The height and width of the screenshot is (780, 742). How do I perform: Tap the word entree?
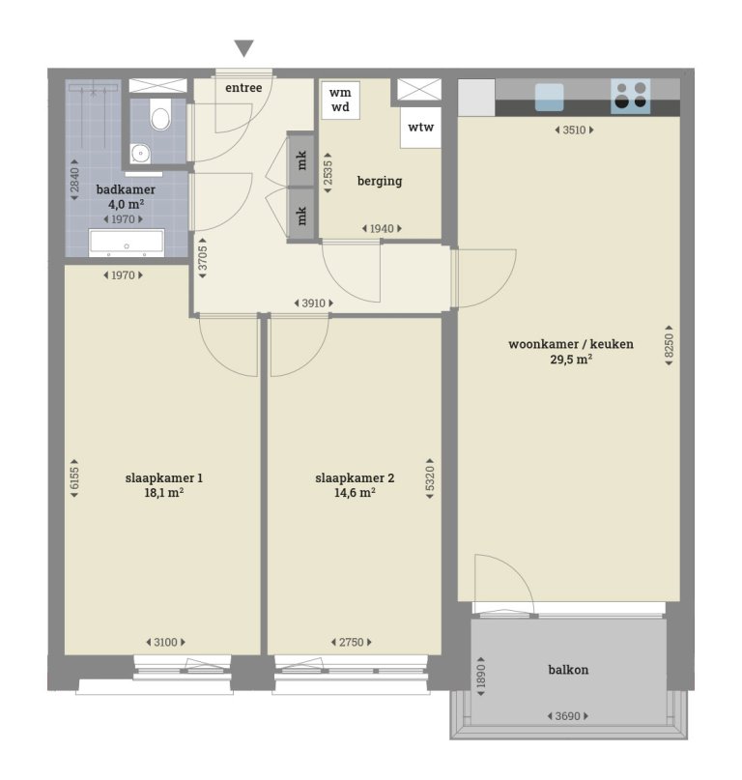click(x=243, y=88)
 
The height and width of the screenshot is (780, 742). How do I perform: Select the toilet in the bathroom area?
click(x=160, y=118)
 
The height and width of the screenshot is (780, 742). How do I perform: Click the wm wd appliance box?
click(x=340, y=100)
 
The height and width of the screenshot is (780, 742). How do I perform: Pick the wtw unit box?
click(x=420, y=128)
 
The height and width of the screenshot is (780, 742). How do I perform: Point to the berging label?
click(x=379, y=181)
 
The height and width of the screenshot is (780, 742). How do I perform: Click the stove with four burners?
click(x=630, y=95)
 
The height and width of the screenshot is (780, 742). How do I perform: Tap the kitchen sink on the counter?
click(x=549, y=97)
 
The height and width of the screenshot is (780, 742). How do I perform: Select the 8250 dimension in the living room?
click(x=669, y=347)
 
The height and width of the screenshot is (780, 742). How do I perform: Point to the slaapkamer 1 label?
click(x=163, y=477)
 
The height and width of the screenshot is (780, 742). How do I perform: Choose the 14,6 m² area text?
click(x=355, y=492)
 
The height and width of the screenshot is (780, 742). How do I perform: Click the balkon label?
click(x=568, y=669)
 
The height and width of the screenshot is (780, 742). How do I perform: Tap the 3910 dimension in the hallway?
click(x=314, y=303)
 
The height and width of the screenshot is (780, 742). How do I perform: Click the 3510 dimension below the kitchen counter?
click(x=574, y=130)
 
